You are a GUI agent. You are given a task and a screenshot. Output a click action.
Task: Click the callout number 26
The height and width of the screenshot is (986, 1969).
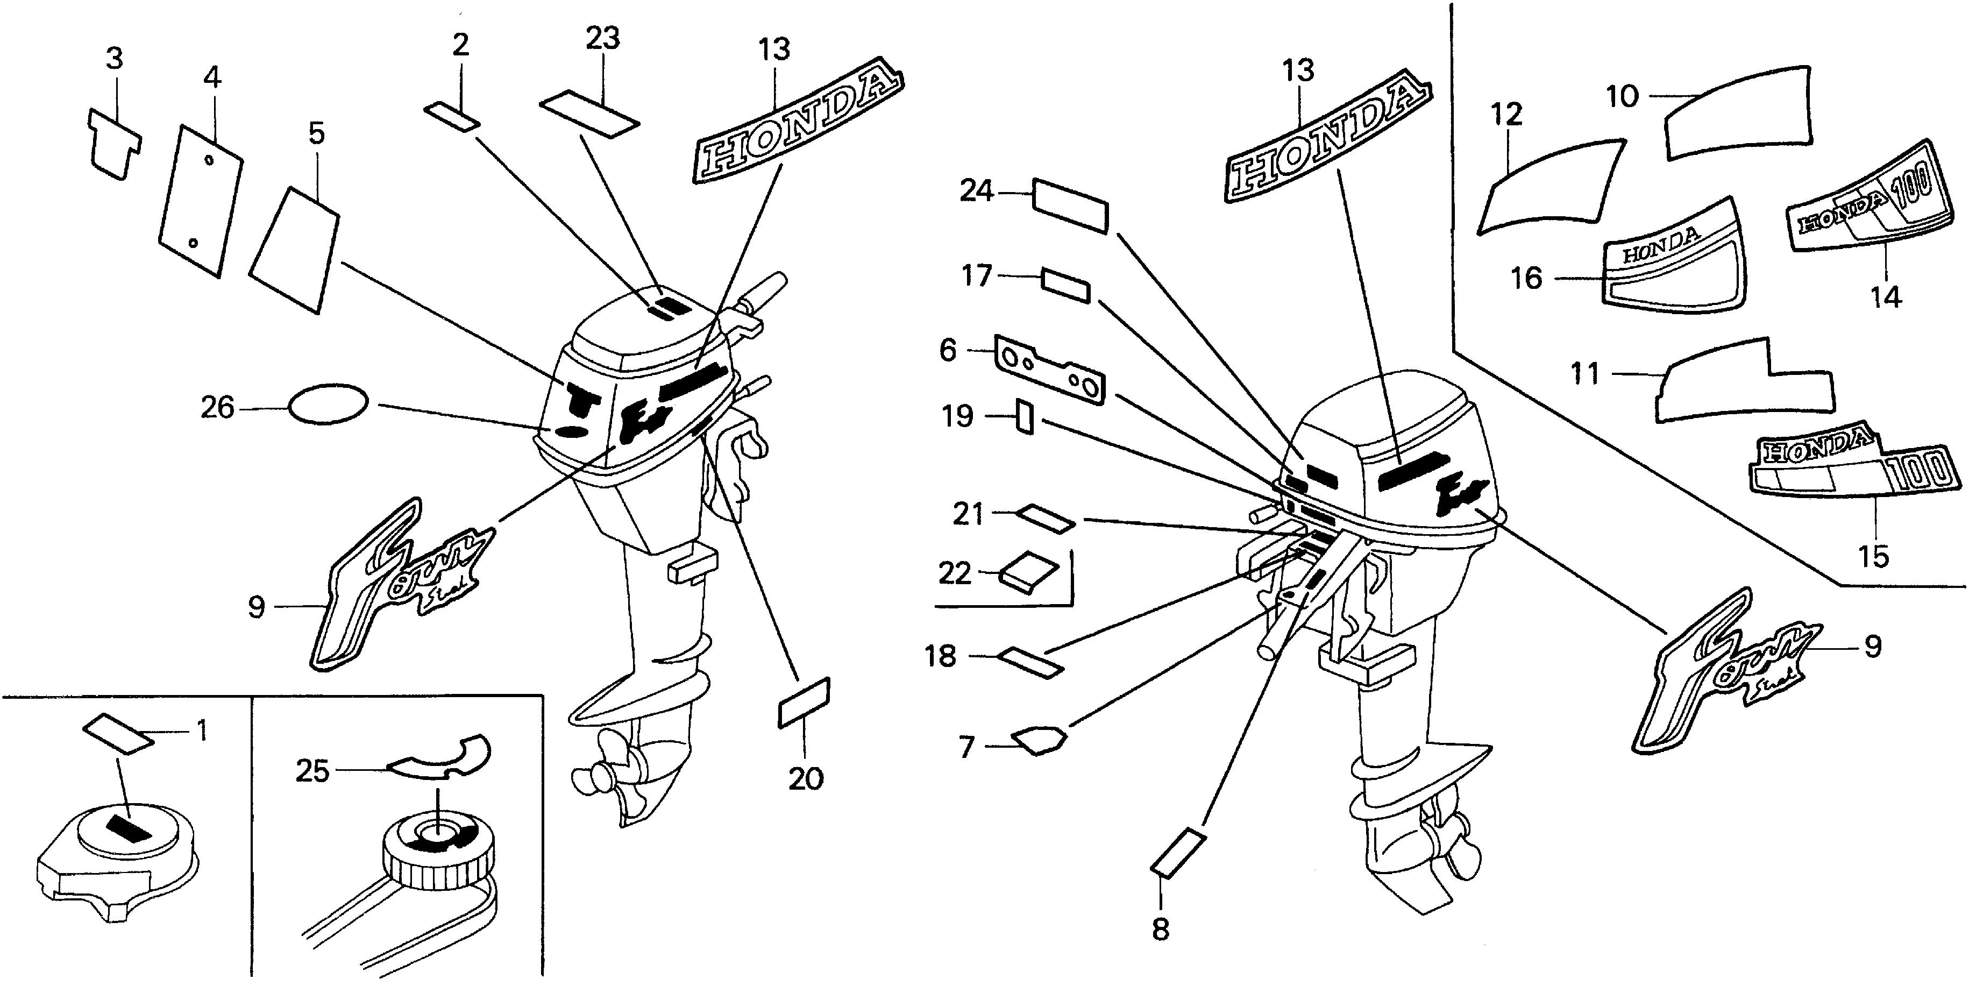(x=217, y=407)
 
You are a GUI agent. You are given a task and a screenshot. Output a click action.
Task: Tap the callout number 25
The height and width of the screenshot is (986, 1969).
(x=312, y=771)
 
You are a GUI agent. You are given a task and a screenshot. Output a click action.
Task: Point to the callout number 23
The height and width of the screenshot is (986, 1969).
(x=602, y=38)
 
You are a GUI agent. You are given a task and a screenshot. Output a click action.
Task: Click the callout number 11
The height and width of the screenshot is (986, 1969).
(x=1584, y=374)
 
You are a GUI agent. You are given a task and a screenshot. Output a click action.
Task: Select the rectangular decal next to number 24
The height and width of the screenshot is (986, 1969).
(x=1069, y=205)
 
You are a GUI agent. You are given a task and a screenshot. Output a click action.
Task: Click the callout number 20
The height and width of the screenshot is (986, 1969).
(x=806, y=779)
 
